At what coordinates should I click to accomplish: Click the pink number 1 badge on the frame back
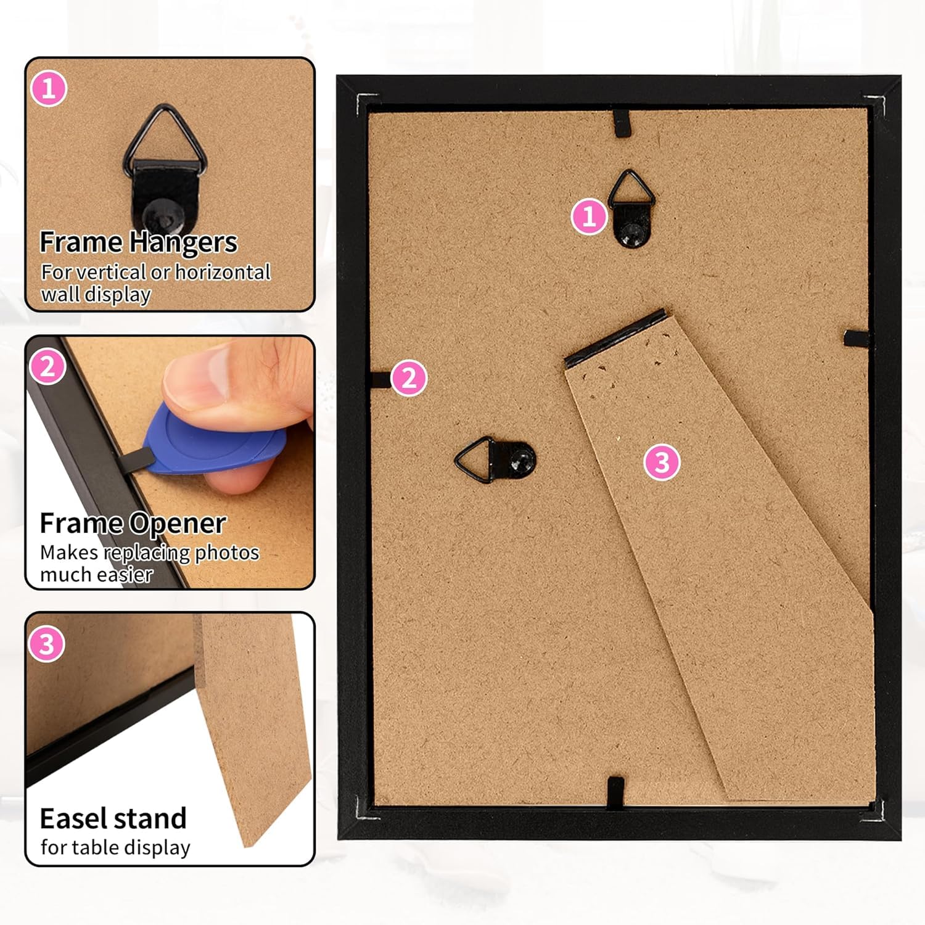coord(589,216)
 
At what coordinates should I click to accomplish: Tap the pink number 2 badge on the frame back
coord(409,378)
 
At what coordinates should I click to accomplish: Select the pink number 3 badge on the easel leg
coord(662,462)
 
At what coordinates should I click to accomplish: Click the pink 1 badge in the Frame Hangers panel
coord(49,89)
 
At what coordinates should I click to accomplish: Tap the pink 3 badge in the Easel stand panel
coord(47,644)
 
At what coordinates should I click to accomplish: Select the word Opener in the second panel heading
coord(179,524)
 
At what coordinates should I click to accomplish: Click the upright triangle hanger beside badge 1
coord(631,208)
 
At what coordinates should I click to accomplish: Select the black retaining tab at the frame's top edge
coord(622,122)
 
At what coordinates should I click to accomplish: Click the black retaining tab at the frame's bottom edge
coord(615,792)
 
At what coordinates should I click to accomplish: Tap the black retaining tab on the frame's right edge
coord(856,337)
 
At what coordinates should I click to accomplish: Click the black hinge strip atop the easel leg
coord(615,338)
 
